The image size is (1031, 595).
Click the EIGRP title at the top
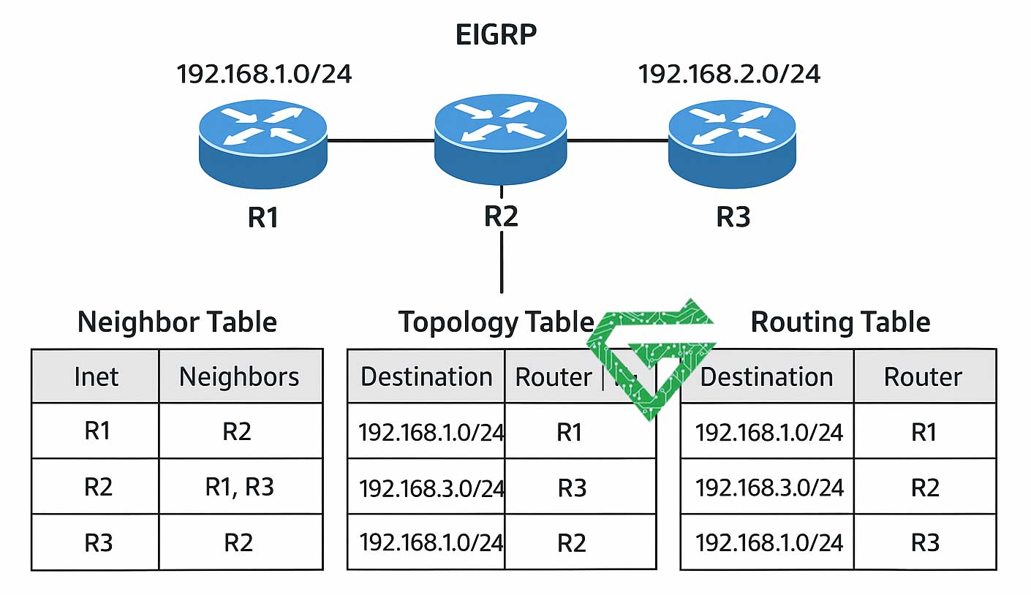pyautogui.click(x=496, y=35)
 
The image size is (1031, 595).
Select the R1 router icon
pyautogui.click(x=263, y=143)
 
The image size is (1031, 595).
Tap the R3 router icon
pyautogui.click(x=732, y=143)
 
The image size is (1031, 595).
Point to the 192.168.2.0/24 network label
pyautogui.click(x=729, y=74)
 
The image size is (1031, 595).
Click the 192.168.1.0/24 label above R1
pyautogui.click(x=264, y=74)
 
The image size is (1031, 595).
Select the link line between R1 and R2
pyautogui.click(x=380, y=140)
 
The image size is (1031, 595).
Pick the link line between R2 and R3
pyautogui.click(x=618, y=140)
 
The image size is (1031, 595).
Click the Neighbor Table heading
pyautogui.click(x=177, y=322)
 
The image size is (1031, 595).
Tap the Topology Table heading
pyautogui.click(x=496, y=322)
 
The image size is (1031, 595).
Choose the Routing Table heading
pyautogui.click(x=840, y=322)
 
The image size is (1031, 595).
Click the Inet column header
pyautogui.click(x=96, y=376)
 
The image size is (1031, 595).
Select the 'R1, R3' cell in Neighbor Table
pyautogui.click(x=239, y=487)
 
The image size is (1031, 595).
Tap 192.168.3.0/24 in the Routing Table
pyautogui.click(x=768, y=488)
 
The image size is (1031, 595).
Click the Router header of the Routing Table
pyautogui.click(x=923, y=376)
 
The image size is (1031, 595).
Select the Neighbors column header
pyautogui.click(x=239, y=376)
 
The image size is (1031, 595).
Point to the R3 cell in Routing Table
pyautogui.click(x=924, y=542)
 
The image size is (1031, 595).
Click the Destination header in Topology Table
pyautogui.click(x=426, y=376)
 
